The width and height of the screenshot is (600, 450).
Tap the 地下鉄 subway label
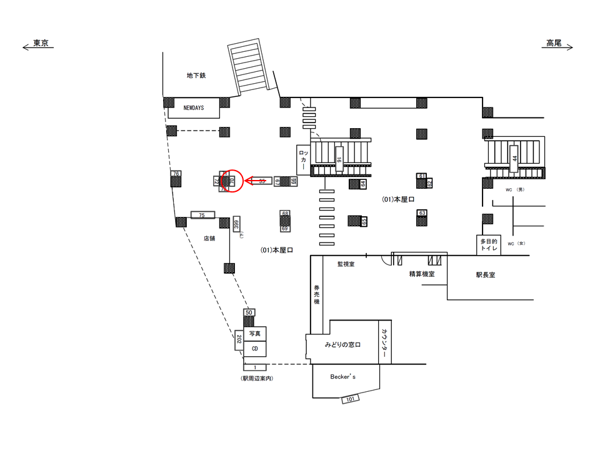[196, 75]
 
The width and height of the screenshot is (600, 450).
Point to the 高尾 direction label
[554, 43]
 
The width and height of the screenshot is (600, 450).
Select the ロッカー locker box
[303, 160]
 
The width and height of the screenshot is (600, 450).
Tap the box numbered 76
[176, 173]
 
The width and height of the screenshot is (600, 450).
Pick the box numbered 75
[202, 215]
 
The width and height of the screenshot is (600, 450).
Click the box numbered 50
[249, 312]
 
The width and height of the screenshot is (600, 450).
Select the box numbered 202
[239, 339]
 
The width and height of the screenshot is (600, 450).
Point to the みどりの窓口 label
[343, 344]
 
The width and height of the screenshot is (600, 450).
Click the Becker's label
[343, 376]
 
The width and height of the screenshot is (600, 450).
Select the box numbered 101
[350, 398]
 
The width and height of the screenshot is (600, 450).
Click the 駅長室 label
[485, 274]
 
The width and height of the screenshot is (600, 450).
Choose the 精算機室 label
[422, 273]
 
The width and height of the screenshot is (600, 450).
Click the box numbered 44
[515, 158]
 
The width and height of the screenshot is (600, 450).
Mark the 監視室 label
[346, 264]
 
